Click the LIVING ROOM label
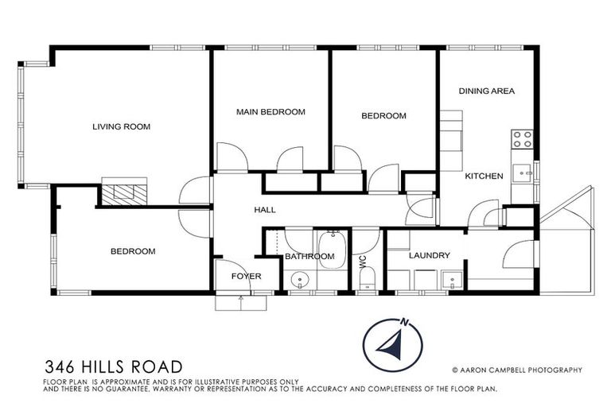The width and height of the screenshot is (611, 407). [x=121, y=126]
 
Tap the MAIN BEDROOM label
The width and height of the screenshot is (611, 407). [x=270, y=112]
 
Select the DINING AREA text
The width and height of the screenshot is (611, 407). [x=486, y=91]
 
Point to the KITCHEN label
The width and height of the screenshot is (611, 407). [x=484, y=176]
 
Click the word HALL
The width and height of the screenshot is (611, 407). [x=264, y=210]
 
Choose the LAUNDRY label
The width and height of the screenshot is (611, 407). [x=430, y=256]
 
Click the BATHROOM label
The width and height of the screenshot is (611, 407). [x=309, y=256]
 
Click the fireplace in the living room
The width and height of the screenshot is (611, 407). [x=125, y=192]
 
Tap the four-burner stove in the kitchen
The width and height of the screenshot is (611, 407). [x=522, y=140]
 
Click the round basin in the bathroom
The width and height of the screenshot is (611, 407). [x=301, y=279]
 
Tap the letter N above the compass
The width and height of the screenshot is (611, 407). [x=405, y=322]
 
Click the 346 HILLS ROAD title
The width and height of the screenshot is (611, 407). [x=114, y=366]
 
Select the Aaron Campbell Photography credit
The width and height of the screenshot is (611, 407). [x=516, y=370]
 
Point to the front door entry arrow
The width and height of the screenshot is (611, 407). [x=240, y=299]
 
